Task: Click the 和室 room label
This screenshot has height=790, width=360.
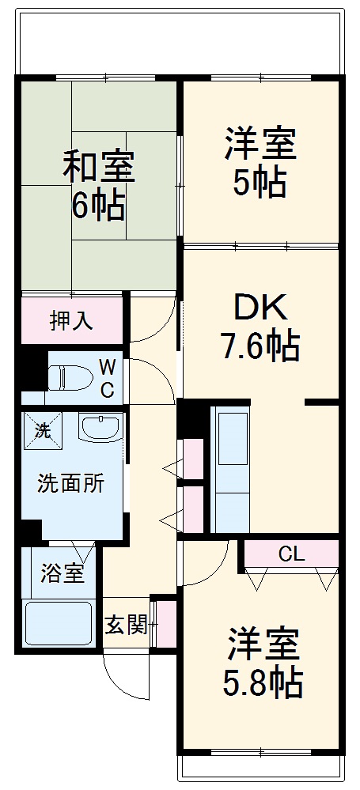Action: (99, 168)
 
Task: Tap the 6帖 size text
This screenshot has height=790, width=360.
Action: (99, 206)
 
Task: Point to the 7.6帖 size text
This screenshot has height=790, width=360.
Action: (259, 346)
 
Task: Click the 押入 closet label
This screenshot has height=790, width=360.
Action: (72, 320)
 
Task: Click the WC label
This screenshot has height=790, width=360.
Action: (108, 377)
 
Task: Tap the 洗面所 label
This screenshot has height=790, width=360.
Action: (70, 484)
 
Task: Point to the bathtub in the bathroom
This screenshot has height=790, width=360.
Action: (60, 623)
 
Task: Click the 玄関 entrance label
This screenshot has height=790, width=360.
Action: (126, 625)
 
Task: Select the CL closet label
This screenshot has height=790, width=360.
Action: (290, 554)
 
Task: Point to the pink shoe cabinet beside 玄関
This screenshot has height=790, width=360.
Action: (165, 623)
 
